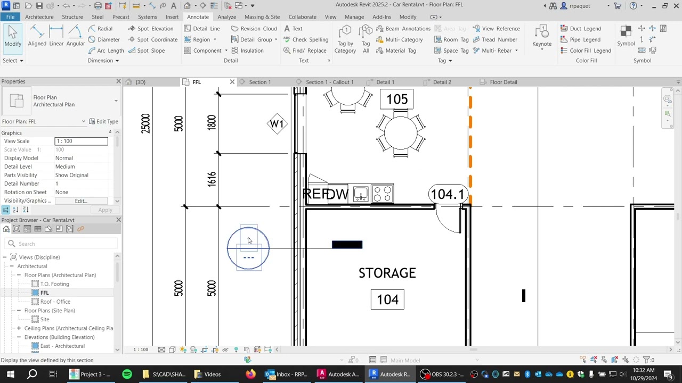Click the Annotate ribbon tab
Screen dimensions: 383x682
pyautogui.click(x=198, y=17)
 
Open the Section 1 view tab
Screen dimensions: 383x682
pyautogui.click(x=259, y=82)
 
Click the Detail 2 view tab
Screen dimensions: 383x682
pyautogui.click(x=442, y=82)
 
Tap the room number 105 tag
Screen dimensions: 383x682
pyautogui.click(x=397, y=99)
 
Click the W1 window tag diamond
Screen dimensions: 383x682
pyautogui.click(x=277, y=124)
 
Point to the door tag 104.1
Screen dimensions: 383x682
pyautogui.click(x=448, y=195)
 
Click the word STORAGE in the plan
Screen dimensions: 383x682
pyautogui.click(x=387, y=273)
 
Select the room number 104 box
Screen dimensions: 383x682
pyautogui.click(x=387, y=299)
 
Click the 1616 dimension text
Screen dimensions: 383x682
pyautogui.click(x=212, y=179)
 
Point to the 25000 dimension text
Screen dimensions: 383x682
pyautogui.click(x=145, y=123)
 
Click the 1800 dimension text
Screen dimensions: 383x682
pyautogui.click(x=212, y=122)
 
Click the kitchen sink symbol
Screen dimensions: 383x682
pyautogui.click(x=361, y=194)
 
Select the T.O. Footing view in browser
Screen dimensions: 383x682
pyautogui.click(x=54, y=284)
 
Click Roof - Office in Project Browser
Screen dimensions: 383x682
pyautogui.click(x=55, y=302)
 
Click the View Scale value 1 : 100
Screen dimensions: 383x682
pyautogui.click(x=81, y=141)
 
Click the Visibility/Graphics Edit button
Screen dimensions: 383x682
pyautogui.click(x=80, y=201)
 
